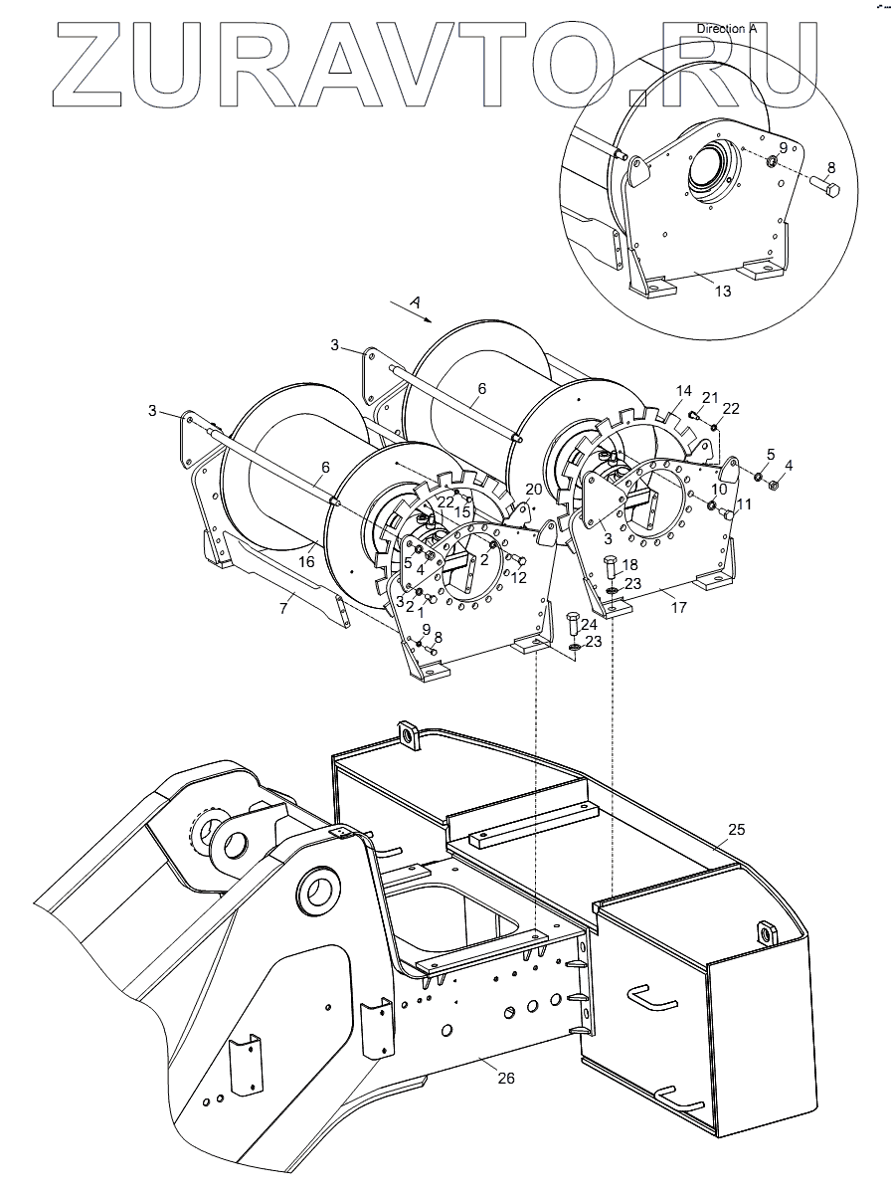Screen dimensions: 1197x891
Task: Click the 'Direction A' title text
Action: [x=727, y=29]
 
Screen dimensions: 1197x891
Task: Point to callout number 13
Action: [x=722, y=291]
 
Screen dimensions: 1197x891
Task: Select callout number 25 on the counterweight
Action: [x=737, y=829]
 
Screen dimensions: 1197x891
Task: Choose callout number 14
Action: [x=682, y=391]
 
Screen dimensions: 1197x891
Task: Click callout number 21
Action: [x=709, y=398]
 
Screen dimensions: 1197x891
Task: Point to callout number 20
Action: [x=533, y=489]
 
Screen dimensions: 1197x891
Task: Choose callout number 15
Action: [x=462, y=512]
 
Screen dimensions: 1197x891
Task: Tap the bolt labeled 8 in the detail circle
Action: [x=827, y=186]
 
